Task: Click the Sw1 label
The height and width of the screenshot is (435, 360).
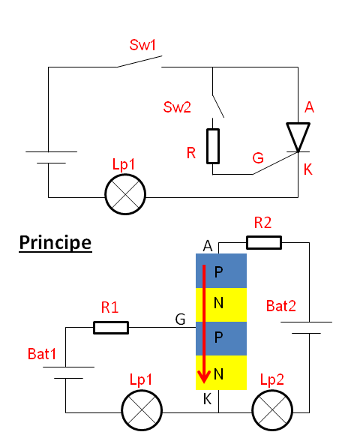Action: point(142,45)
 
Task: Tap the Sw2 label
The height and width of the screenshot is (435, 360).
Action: point(177,107)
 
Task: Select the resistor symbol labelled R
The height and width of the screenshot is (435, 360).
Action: point(213,146)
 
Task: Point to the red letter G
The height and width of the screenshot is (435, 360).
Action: point(258,158)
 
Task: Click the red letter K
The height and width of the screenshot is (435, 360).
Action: point(308,169)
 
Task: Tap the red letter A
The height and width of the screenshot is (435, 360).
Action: point(309,107)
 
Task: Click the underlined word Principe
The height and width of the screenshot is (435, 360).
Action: point(55,243)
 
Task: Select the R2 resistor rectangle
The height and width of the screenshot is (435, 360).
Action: point(264,243)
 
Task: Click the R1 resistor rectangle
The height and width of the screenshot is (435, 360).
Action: point(111,328)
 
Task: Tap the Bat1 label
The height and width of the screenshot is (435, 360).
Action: point(42,354)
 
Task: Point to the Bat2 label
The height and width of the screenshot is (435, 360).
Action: point(281,306)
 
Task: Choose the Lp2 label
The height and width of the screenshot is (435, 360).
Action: point(272,379)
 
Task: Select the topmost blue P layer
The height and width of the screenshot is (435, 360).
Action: point(221,271)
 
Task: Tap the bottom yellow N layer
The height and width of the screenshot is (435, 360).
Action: point(221,373)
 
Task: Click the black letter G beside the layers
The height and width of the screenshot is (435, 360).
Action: point(180,319)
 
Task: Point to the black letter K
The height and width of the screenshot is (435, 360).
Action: point(207,399)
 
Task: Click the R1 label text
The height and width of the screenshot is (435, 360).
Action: point(109,307)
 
